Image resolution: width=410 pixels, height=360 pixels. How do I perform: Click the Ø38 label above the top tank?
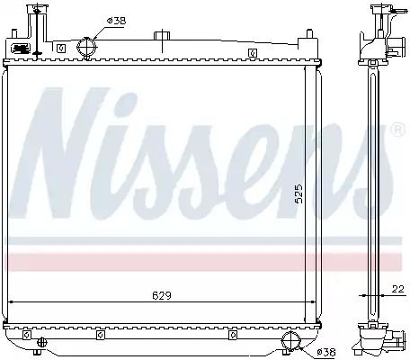click(x=117, y=21)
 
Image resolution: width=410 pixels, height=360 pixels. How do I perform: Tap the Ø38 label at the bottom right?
click(x=326, y=352)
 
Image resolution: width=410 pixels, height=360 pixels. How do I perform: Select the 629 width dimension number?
click(x=162, y=295)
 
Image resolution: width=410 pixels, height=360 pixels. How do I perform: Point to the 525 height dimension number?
click(x=299, y=193)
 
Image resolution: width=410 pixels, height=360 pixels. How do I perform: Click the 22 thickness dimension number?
click(x=398, y=289)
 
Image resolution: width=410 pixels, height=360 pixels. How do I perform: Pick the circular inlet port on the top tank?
click(x=87, y=47)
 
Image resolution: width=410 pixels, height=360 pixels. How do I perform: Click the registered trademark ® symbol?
click(x=398, y=129)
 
